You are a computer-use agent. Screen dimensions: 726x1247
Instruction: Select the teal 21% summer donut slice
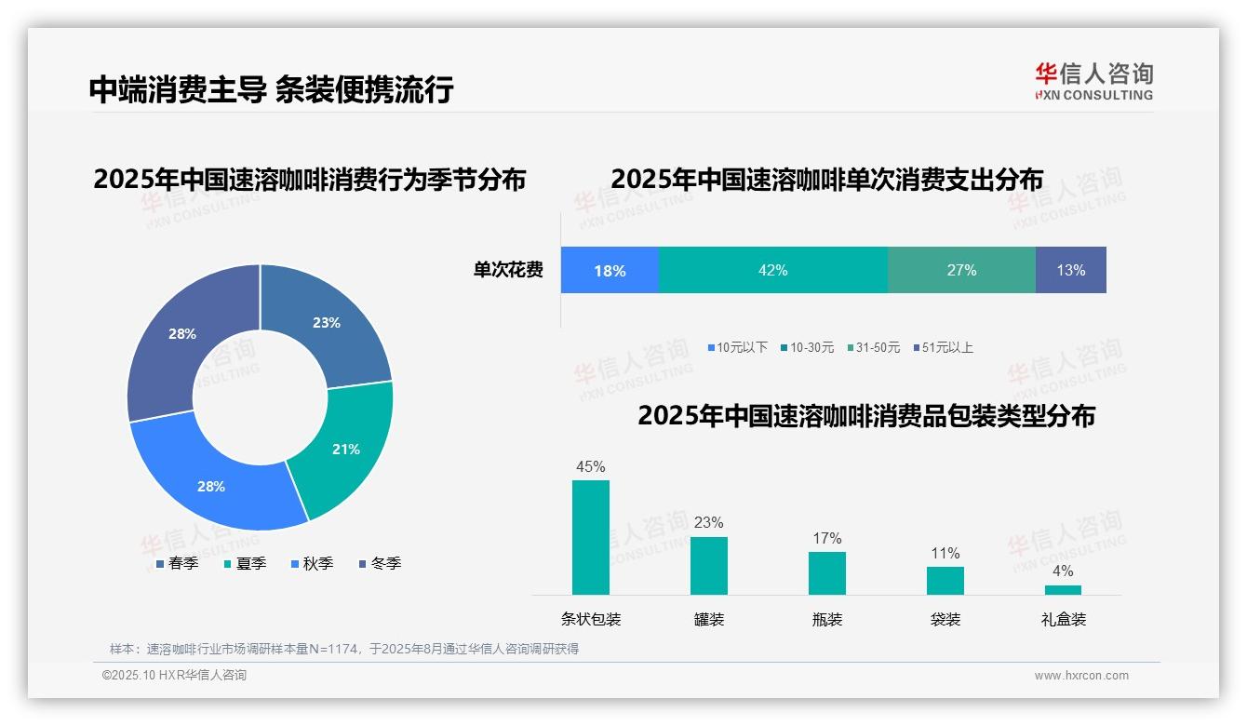(x=344, y=449)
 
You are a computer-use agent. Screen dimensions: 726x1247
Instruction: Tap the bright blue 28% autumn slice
(x=211, y=486)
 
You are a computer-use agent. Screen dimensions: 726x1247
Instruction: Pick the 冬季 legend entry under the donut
(x=380, y=563)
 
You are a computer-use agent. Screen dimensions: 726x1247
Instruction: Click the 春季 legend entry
(x=177, y=563)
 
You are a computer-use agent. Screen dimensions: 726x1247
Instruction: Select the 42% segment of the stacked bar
(x=772, y=270)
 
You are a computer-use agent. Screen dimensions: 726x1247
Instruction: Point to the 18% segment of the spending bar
(x=610, y=270)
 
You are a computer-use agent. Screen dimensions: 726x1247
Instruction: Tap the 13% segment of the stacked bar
(x=1070, y=270)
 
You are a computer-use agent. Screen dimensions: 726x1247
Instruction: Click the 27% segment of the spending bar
(x=961, y=270)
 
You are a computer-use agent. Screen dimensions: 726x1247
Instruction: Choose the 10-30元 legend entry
(x=809, y=347)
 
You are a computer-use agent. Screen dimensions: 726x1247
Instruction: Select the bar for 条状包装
(x=591, y=537)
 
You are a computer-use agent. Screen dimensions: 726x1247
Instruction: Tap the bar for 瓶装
(x=827, y=572)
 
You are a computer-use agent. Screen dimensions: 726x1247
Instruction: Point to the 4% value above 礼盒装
(x=1063, y=571)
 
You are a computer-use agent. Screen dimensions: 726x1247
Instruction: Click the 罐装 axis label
(x=709, y=619)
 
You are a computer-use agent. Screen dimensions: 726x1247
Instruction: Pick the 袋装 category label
(x=945, y=619)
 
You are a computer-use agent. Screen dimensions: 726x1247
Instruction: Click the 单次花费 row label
(x=508, y=270)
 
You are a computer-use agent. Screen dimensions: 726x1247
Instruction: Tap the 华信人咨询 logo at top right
(x=1093, y=81)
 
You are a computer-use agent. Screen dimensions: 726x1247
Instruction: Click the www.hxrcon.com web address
(x=1081, y=676)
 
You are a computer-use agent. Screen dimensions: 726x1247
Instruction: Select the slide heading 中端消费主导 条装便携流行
(x=271, y=89)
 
